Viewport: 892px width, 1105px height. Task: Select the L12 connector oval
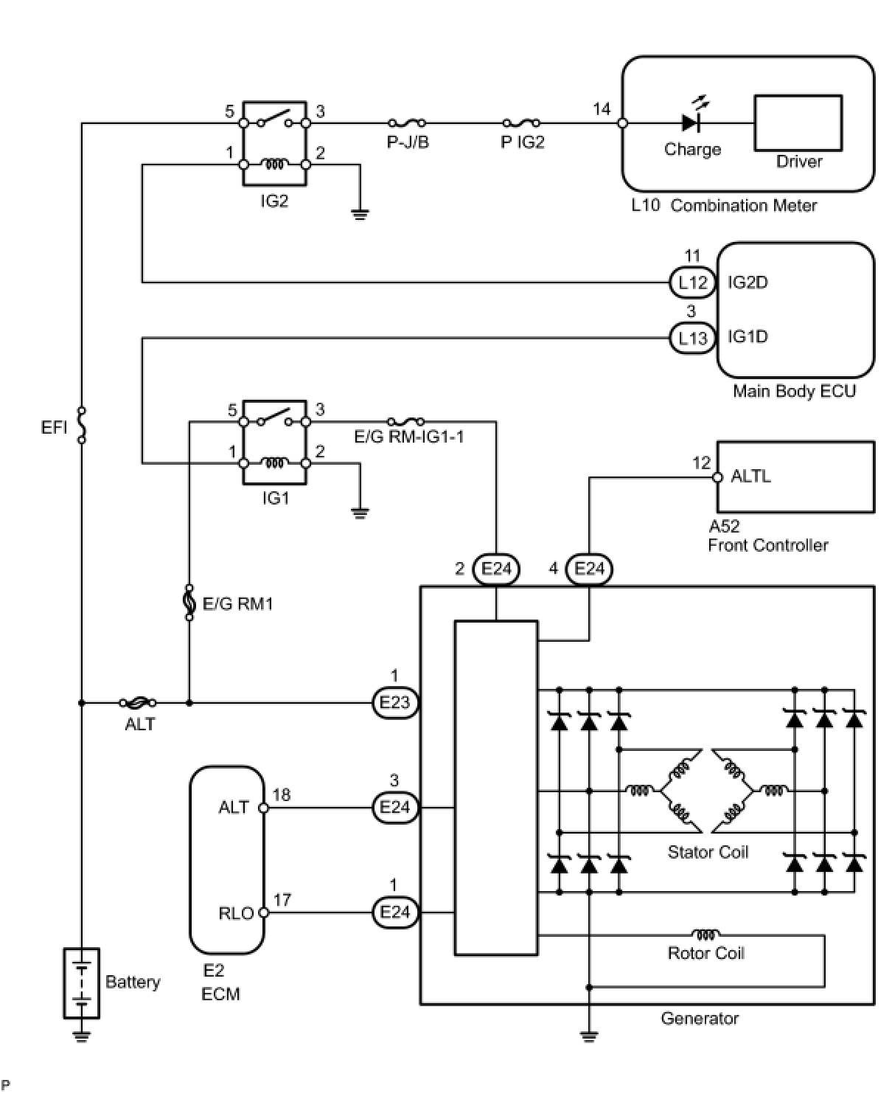[692, 282]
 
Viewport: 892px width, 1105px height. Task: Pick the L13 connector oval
[692, 338]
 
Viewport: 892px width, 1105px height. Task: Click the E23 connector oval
[395, 703]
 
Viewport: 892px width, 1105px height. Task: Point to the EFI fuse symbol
[82, 425]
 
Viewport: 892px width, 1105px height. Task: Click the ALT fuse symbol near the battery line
[138, 703]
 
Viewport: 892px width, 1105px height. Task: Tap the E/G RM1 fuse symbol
[189, 601]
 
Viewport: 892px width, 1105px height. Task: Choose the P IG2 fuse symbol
[521, 123]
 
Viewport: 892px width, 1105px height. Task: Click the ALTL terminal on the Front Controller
[718, 477]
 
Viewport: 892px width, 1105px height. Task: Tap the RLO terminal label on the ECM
[236, 913]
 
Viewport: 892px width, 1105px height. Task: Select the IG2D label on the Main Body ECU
[748, 282]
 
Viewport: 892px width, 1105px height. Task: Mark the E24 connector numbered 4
[589, 569]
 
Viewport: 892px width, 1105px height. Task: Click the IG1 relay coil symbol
[274, 463]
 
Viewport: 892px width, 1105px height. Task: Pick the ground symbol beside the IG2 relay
[359, 215]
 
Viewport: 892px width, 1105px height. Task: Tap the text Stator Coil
[708, 852]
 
